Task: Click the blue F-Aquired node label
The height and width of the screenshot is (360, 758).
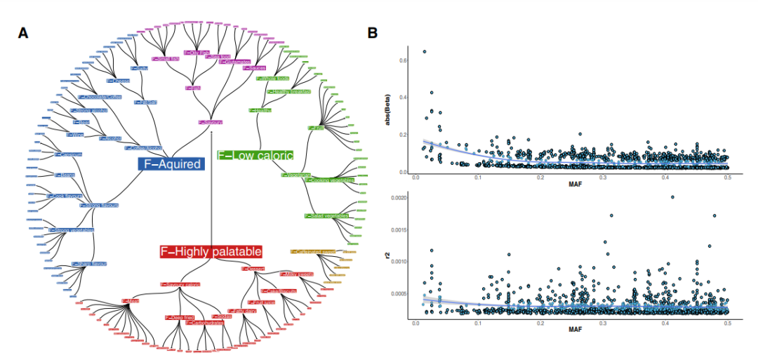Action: [171, 165]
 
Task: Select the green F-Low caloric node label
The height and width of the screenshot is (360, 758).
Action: [255, 154]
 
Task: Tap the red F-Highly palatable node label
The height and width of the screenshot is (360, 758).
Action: [211, 251]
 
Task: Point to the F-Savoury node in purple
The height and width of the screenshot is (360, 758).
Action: [211, 122]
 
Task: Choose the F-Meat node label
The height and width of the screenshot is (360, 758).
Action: [131, 300]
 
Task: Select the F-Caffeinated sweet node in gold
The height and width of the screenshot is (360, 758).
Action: [313, 251]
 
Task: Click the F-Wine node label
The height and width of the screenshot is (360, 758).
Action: [77, 134]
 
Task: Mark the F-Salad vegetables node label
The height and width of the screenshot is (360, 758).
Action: [326, 216]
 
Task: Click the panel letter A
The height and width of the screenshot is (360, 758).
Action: [24, 33]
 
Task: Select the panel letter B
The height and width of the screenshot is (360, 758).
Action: [373, 33]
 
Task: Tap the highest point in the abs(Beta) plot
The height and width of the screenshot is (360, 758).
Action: [424, 51]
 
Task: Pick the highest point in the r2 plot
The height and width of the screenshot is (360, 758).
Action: [672, 197]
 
